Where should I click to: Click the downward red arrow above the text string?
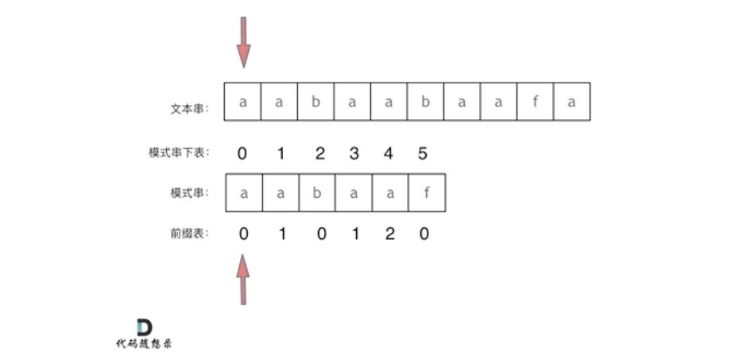click(243, 44)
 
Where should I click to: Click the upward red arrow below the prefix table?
click(243, 278)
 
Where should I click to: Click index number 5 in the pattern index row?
click(423, 153)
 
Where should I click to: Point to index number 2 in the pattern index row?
click(319, 153)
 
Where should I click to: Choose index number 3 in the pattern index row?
click(354, 153)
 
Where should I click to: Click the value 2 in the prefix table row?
click(389, 234)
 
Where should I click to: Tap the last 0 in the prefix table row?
click(424, 234)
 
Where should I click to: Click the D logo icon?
click(144, 327)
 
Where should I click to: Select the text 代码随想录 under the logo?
click(144, 344)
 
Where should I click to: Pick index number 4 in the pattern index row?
click(389, 153)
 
